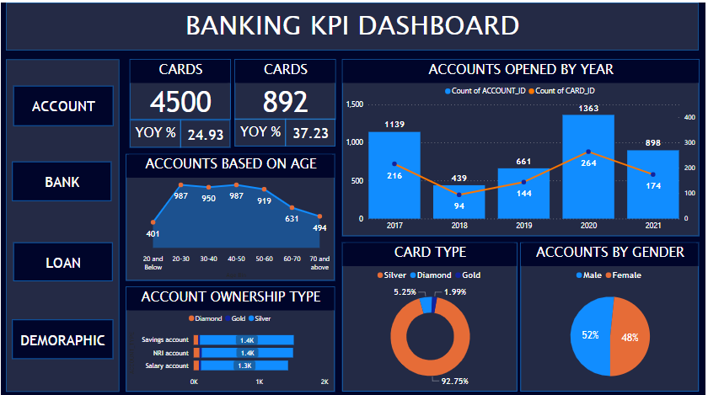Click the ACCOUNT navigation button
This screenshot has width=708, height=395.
62,106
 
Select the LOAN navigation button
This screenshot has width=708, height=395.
62,263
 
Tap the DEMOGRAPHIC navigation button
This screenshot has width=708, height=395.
62,340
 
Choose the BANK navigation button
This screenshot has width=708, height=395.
62,182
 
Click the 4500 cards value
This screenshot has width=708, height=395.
180,102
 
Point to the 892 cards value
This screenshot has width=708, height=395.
285,102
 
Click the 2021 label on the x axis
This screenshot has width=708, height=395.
652,226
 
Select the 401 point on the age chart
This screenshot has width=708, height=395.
153,222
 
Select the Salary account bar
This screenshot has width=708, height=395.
244,366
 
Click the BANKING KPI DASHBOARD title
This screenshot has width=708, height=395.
352,26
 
